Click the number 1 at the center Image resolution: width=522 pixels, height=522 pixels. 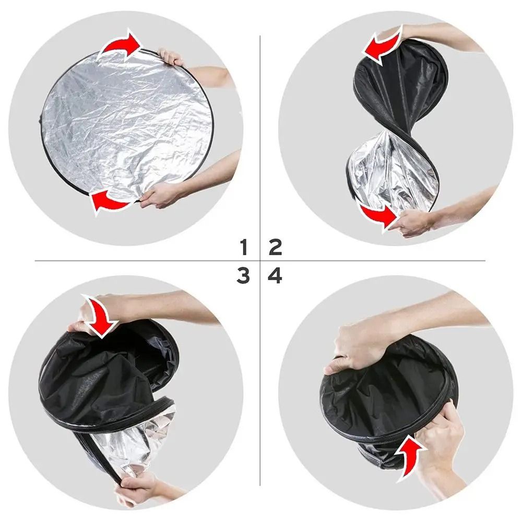click(243, 246)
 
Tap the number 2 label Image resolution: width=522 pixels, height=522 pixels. click(275, 246)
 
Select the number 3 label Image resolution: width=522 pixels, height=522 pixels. click(243, 276)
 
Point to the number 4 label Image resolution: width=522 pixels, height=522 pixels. click(275, 276)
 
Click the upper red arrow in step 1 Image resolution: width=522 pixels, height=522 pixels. click(122, 44)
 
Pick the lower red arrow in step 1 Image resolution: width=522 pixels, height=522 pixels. click(111, 201)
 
